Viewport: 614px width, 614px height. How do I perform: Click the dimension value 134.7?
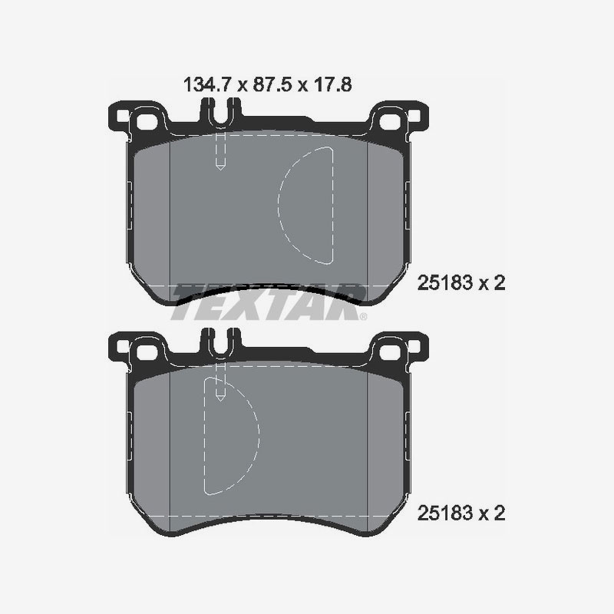[206, 84]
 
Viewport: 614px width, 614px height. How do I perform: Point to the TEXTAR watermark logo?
[269, 302]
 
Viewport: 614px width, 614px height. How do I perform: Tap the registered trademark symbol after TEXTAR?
[363, 316]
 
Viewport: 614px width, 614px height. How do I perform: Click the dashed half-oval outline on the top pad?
[306, 203]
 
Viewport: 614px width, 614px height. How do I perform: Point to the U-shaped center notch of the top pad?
[220, 115]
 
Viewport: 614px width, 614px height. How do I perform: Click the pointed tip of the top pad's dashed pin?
[220, 168]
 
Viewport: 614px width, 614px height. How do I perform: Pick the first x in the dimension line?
[240, 85]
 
